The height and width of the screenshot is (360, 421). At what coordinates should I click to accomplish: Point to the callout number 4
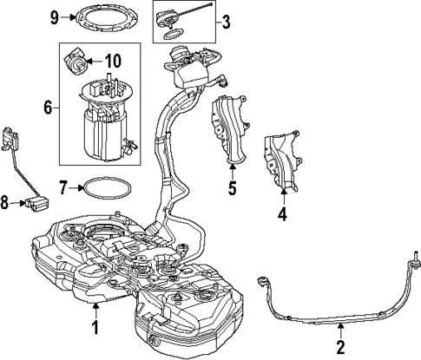coord(282,213)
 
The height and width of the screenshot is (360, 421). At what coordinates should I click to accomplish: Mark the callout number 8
coord(6,203)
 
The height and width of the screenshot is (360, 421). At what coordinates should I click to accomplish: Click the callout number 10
coord(113,62)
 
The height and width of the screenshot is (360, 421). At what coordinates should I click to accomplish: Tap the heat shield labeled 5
coord(227,130)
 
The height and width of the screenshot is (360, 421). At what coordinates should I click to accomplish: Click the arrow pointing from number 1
coord(98,313)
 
